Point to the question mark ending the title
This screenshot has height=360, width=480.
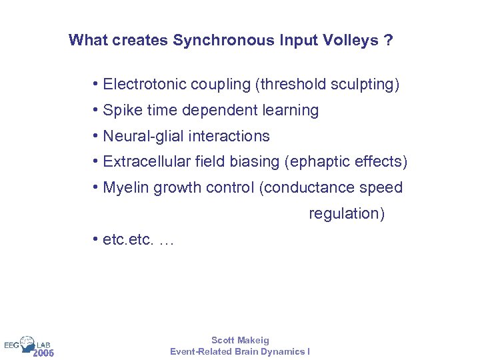pyautogui.click(x=389, y=41)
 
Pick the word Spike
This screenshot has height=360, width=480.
pyautogui.click(x=122, y=110)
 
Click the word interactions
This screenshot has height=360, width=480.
pyautogui.click(x=229, y=136)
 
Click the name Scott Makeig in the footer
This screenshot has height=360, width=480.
pyautogui.click(x=240, y=340)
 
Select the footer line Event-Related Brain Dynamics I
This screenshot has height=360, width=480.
pyautogui.click(x=240, y=351)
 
